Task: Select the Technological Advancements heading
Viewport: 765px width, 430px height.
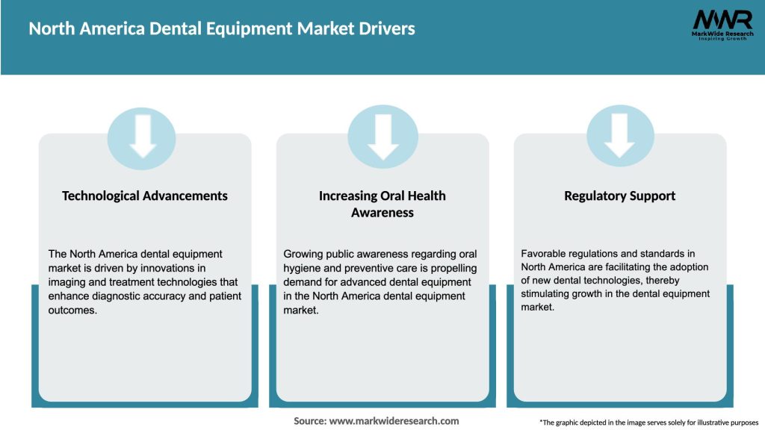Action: [145, 196]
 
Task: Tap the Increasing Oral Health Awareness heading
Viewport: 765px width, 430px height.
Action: [382, 204]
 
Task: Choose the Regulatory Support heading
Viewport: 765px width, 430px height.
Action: [620, 196]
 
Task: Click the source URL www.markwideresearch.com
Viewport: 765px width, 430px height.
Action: [394, 421]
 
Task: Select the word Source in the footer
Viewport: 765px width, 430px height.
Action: [309, 421]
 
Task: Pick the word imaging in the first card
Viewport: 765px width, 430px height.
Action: [66, 282]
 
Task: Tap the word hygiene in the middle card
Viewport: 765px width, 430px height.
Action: [302, 268]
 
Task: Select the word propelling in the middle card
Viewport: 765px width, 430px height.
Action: [450, 268]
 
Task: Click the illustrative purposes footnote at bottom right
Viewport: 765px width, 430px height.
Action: [648, 423]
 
